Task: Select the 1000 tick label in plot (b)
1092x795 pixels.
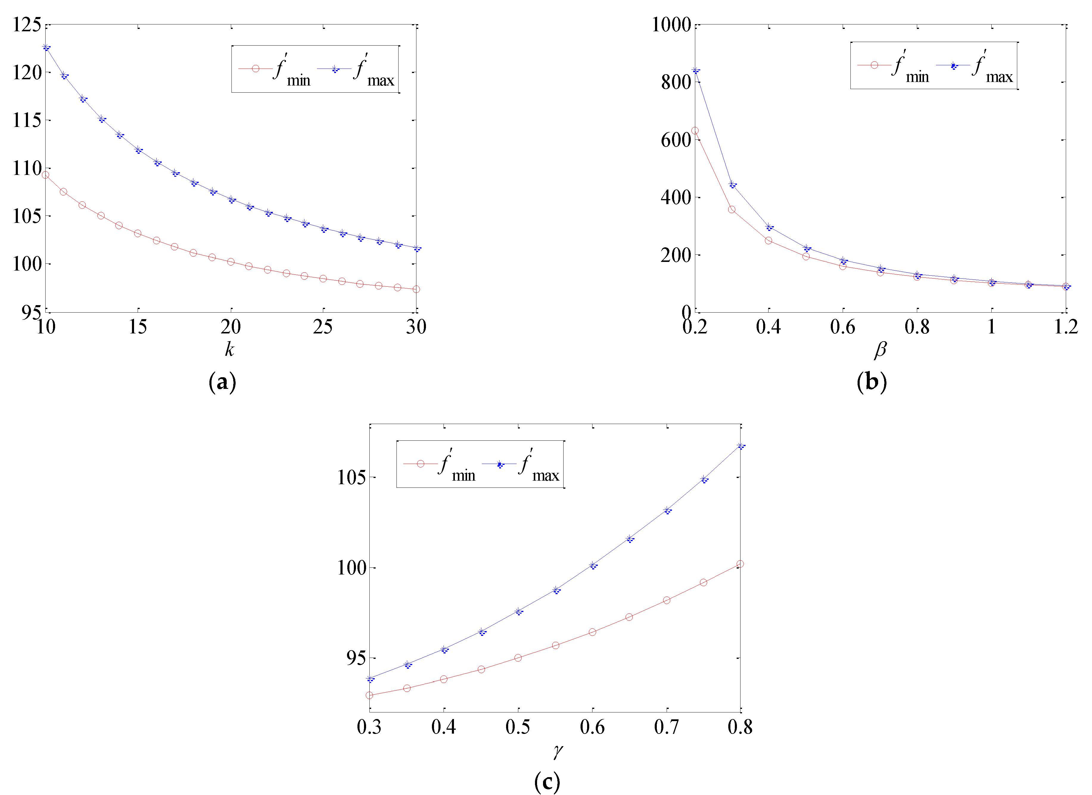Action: pyautogui.click(x=671, y=24)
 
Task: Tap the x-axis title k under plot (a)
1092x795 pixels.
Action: pyautogui.click(x=230, y=349)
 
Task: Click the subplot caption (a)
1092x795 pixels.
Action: pyautogui.click(x=223, y=382)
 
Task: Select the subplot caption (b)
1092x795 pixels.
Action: pyautogui.click(x=872, y=382)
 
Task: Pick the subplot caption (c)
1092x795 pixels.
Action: pyautogui.click(x=547, y=781)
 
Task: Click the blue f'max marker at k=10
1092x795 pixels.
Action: pyautogui.click(x=46, y=47)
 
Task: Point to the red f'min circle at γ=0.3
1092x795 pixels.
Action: pyautogui.click(x=369, y=695)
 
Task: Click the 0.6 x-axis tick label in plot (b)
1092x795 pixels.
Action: pyautogui.click(x=843, y=327)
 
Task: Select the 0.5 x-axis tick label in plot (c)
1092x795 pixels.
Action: pyautogui.click(x=518, y=727)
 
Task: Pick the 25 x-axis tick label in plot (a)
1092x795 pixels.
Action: pyautogui.click(x=323, y=327)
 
